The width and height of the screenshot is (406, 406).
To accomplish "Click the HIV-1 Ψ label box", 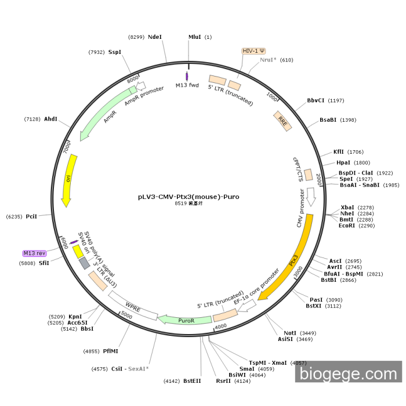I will click(x=253, y=51).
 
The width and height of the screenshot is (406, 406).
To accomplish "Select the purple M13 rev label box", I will click(x=34, y=253).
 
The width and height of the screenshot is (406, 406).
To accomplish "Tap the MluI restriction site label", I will click(x=195, y=37).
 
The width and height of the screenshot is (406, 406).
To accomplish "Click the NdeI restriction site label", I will click(x=155, y=37).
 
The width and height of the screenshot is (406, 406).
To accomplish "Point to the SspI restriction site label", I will click(x=114, y=52).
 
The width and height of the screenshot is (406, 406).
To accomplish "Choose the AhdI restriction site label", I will click(x=51, y=119).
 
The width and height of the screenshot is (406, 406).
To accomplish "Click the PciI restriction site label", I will click(x=31, y=216).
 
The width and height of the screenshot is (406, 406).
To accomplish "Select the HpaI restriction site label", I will click(x=343, y=163).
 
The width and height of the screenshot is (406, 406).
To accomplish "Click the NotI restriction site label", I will click(x=290, y=333).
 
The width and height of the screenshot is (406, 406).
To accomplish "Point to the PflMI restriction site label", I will click(x=111, y=351).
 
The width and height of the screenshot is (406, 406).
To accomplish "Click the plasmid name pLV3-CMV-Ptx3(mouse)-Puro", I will click(x=188, y=197).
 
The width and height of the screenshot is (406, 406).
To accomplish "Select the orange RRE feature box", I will click(x=283, y=121).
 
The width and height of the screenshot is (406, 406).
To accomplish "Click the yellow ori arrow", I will click(x=67, y=179).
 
